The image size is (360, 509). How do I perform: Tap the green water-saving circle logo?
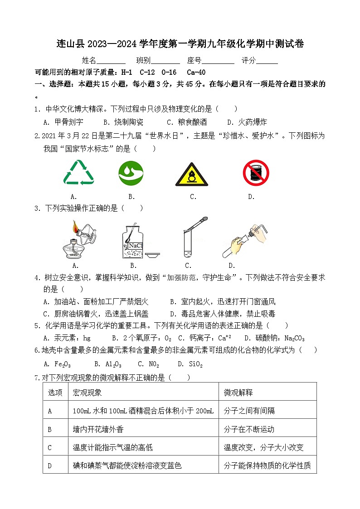click(x=131, y=173)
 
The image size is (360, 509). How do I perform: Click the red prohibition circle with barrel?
click(x=256, y=173)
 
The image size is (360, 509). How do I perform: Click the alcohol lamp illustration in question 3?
click(x=79, y=240)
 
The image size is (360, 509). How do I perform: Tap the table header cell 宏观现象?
click(x=87, y=392)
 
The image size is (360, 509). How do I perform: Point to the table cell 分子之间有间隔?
click(x=249, y=411)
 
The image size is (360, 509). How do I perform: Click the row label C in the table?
click(x=50, y=447)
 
